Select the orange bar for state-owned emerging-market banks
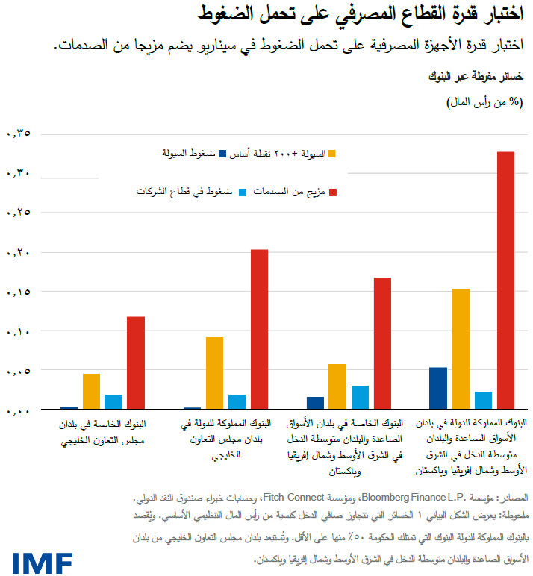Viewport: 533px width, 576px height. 460,348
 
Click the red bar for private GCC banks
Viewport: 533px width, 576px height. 135,363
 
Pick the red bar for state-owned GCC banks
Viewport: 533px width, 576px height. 258,329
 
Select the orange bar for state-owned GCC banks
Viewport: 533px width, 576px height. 214,373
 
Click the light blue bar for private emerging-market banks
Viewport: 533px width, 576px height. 360,397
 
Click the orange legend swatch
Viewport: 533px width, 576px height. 332,154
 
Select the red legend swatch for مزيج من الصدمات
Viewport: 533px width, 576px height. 332,192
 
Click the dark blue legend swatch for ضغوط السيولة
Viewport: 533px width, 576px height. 222,154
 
